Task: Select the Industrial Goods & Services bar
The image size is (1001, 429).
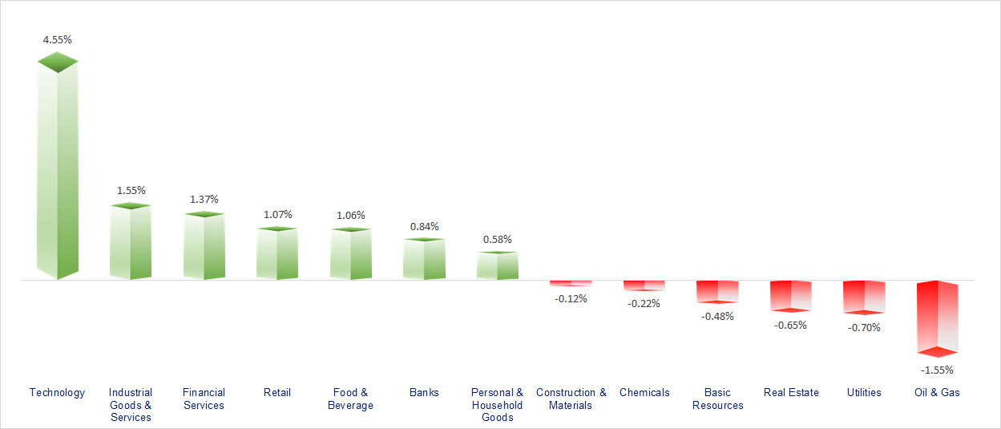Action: coord(131,242)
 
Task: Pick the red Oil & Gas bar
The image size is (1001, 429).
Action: coord(938,318)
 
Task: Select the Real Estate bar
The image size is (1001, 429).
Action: coord(791,295)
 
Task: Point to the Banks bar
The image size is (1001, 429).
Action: coord(424,259)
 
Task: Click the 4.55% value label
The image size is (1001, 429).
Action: coord(57,39)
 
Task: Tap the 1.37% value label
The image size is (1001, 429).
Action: coord(204,199)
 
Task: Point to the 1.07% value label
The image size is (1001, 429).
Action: coord(277,215)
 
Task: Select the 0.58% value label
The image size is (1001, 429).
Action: coord(497,239)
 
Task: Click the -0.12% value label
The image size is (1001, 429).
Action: coord(571,298)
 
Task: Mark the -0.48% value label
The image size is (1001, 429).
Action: coord(717,316)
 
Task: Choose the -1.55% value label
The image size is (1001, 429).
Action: coord(937,370)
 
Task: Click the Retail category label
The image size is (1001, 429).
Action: coord(277,392)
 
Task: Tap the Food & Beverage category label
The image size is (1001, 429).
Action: coord(351,399)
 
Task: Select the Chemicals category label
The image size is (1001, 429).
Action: coord(644,392)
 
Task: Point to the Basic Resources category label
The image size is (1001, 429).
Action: coord(717,399)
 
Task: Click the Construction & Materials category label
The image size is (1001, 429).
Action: coord(571,399)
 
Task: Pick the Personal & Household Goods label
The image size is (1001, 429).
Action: coord(497,405)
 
